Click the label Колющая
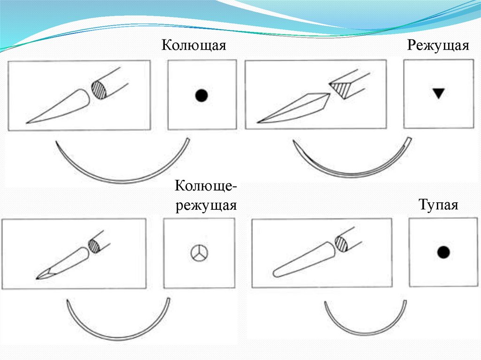194,46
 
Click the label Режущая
438,46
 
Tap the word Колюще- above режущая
206,185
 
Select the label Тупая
438,205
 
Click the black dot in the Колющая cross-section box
202,95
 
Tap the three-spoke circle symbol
199,253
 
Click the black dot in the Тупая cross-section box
443,253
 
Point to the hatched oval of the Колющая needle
100,90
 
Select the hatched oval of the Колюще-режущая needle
94,245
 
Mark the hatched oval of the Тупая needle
341,244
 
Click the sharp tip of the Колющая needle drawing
27,123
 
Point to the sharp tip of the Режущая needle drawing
258,123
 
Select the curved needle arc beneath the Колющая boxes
123,181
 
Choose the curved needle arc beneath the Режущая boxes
353,175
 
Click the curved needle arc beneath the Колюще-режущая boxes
118,338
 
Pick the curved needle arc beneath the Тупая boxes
365,333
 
